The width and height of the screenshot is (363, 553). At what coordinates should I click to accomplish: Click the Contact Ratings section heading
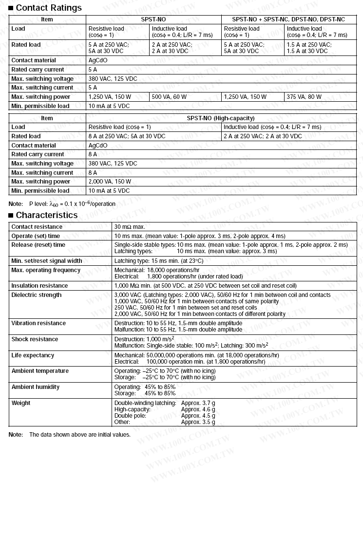click(49, 8)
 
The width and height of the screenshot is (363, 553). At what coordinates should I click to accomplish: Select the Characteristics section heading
click(47, 215)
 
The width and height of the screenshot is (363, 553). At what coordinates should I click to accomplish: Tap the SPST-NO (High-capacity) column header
click(221, 118)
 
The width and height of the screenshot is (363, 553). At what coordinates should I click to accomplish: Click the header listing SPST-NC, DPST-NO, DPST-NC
click(288, 19)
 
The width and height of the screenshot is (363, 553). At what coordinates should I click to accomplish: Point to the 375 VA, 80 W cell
click(304, 97)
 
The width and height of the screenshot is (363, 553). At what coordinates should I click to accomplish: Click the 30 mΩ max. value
click(130, 227)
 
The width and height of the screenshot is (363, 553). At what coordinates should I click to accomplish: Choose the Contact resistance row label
click(37, 227)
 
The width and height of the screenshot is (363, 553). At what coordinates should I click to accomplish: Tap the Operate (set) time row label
click(36, 236)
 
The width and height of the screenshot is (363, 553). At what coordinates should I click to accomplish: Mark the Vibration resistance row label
click(38, 323)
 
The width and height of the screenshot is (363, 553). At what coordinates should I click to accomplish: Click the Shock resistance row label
click(35, 339)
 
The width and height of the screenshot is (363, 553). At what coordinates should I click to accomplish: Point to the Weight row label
click(21, 403)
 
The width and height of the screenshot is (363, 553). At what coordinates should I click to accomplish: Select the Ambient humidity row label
click(36, 387)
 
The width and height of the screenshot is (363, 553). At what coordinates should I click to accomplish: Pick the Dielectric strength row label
click(37, 295)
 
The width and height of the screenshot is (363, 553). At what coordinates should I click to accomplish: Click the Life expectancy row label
click(33, 355)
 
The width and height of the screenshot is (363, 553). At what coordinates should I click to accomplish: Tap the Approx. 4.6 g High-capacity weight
click(198, 410)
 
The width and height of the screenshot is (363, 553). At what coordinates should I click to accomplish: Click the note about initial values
click(80, 435)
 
